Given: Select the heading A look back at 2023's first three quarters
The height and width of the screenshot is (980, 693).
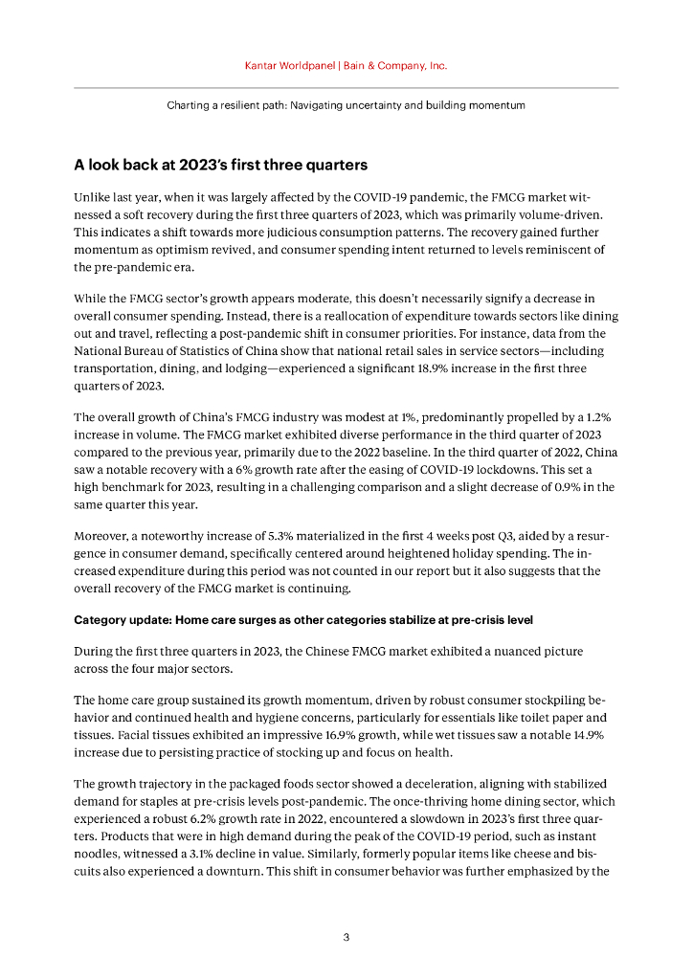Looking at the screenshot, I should [220, 165].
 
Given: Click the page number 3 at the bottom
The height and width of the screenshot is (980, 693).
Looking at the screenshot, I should [346, 937].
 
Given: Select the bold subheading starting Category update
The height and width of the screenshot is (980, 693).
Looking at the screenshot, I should [302, 619].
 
